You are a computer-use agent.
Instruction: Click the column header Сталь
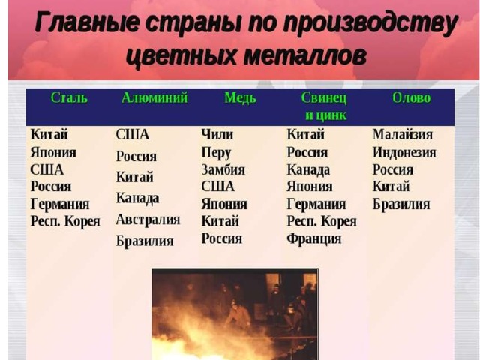click(69, 98)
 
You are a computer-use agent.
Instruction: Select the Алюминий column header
click(154, 98)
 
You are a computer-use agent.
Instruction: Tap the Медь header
click(240, 98)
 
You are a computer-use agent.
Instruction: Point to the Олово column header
click(412, 98)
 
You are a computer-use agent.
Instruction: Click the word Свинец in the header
click(324, 98)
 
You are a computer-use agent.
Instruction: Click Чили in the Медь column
click(217, 135)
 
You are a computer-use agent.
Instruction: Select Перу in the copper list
click(216, 153)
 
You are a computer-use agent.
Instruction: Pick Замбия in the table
click(223, 170)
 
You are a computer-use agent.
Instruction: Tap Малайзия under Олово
click(403, 135)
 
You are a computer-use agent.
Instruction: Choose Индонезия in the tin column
click(404, 152)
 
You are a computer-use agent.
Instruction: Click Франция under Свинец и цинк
click(314, 238)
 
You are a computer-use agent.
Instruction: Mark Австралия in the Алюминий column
click(148, 220)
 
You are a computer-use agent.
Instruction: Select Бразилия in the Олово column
click(401, 204)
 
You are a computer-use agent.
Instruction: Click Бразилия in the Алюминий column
click(145, 241)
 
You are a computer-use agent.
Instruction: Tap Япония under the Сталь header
click(53, 152)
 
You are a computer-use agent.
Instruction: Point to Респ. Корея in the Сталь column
click(65, 221)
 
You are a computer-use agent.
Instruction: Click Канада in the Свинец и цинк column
click(308, 170)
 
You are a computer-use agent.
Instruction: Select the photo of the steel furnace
click(235, 314)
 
